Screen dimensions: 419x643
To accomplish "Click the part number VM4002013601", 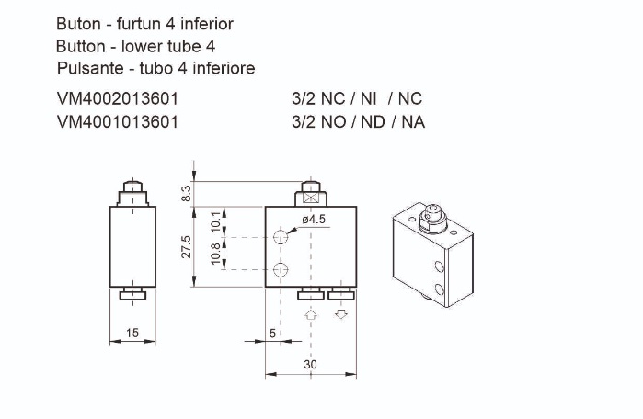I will [117, 98].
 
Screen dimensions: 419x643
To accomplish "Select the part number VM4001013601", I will [117, 121].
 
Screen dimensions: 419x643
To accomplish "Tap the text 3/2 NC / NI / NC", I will [356, 98].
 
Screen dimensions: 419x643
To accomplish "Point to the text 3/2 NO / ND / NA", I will [358, 121].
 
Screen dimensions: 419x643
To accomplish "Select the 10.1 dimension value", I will [215, 221].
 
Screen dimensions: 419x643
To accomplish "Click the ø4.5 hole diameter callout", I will [314, 219].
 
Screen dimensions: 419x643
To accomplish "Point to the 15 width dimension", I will [133, 333].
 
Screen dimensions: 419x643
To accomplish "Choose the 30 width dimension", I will [310, 364].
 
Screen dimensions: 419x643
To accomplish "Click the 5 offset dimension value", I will [273, 333].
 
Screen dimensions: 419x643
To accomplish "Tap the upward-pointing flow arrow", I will [311, 314].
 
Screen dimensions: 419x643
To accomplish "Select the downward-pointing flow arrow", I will [342, 314].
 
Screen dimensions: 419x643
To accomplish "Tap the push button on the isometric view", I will [429, 218].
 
